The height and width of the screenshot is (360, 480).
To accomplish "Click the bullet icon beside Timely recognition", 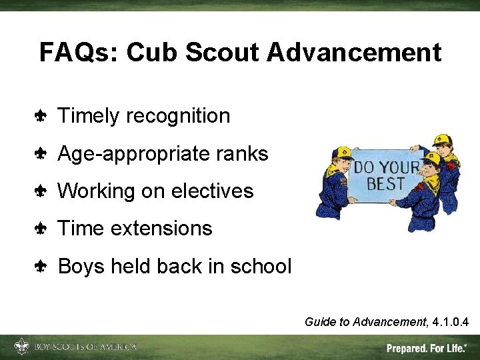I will [40, 117].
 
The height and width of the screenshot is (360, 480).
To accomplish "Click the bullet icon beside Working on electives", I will [40, 192].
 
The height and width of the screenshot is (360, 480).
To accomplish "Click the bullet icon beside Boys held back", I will [40, 267].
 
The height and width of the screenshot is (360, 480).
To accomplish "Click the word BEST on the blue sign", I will [386, 183].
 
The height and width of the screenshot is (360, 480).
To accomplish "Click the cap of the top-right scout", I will [441, 140].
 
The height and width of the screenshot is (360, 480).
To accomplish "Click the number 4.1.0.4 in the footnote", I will [450, 323].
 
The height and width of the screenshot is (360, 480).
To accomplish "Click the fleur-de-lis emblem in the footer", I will [21, 347].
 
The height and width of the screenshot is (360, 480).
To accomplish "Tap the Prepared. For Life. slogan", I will [427, 348].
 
